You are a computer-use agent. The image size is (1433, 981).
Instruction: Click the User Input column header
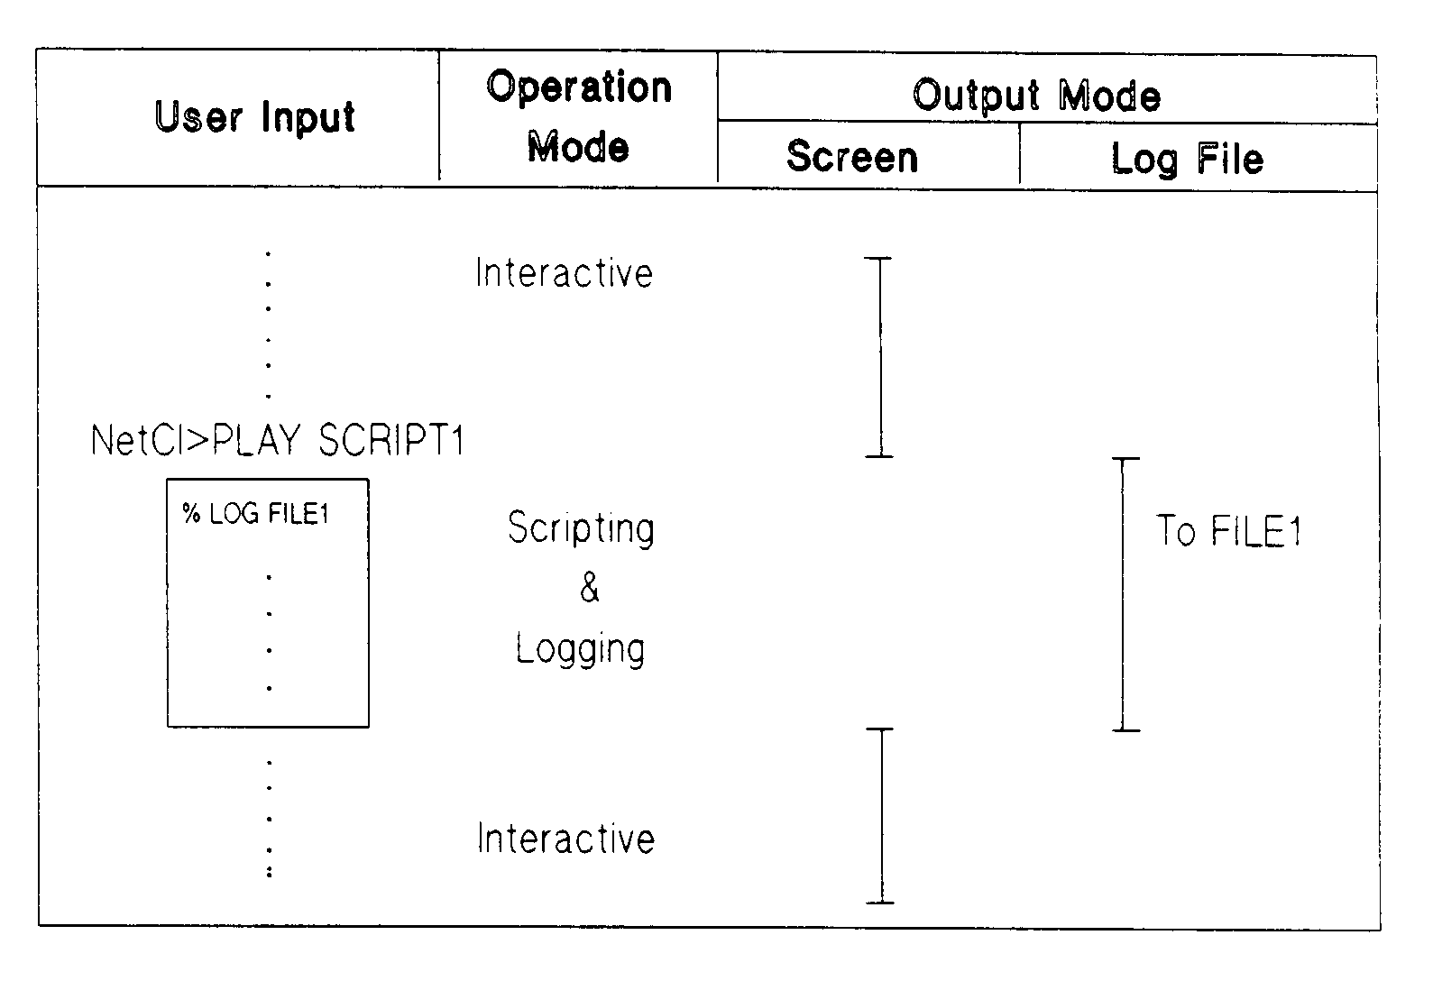pyautogui.click(x=255, y=118)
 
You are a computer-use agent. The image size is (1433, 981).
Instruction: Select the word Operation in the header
pyautogui.click(x=579, y=87)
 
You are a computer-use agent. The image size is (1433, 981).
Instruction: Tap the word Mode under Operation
pyautogui.click(x=578, y=147)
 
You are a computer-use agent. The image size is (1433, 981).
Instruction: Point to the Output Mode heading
pyautogui.click(x=1036, y=96)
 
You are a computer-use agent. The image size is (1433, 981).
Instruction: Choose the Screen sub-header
pyautogui.click(x=852, y=157)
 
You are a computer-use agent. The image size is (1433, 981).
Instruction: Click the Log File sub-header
pyautogui.click(x=1187, y=160)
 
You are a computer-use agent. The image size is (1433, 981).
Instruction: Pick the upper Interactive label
pyautogui.click(x=565, y=273)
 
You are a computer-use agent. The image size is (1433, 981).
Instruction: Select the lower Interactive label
pyautogui.click(x=566, y=839)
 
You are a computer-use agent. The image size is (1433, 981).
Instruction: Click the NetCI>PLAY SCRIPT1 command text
pyautogui.click(x=278, y=441)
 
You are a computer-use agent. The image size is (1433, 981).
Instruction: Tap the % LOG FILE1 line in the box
pyautogui.click(x=256, y=514)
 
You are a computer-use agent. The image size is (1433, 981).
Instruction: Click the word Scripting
pyautogui.click(x=581, y=528)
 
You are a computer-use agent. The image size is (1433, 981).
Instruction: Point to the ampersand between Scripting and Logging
pyautogui.click(x=589, y=587)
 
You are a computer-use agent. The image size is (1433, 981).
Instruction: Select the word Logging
pyautogui.click(x=581, y=649)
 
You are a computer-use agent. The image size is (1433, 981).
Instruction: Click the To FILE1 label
pyautogui.click(x=1229, y=531)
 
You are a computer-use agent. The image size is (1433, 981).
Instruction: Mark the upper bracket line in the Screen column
pyautogui.click(x=879, y=357)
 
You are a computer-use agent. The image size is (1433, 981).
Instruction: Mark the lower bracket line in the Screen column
pyautogui.click(x=881, y=815)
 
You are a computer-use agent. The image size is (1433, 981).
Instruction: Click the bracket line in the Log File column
pyautogui.click(x=1125, y=594)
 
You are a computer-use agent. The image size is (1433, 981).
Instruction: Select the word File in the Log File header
pyautogui.click(x=1230, y=160)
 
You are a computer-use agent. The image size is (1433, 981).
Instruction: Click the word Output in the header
pyautogui.click(x=977, y=96)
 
